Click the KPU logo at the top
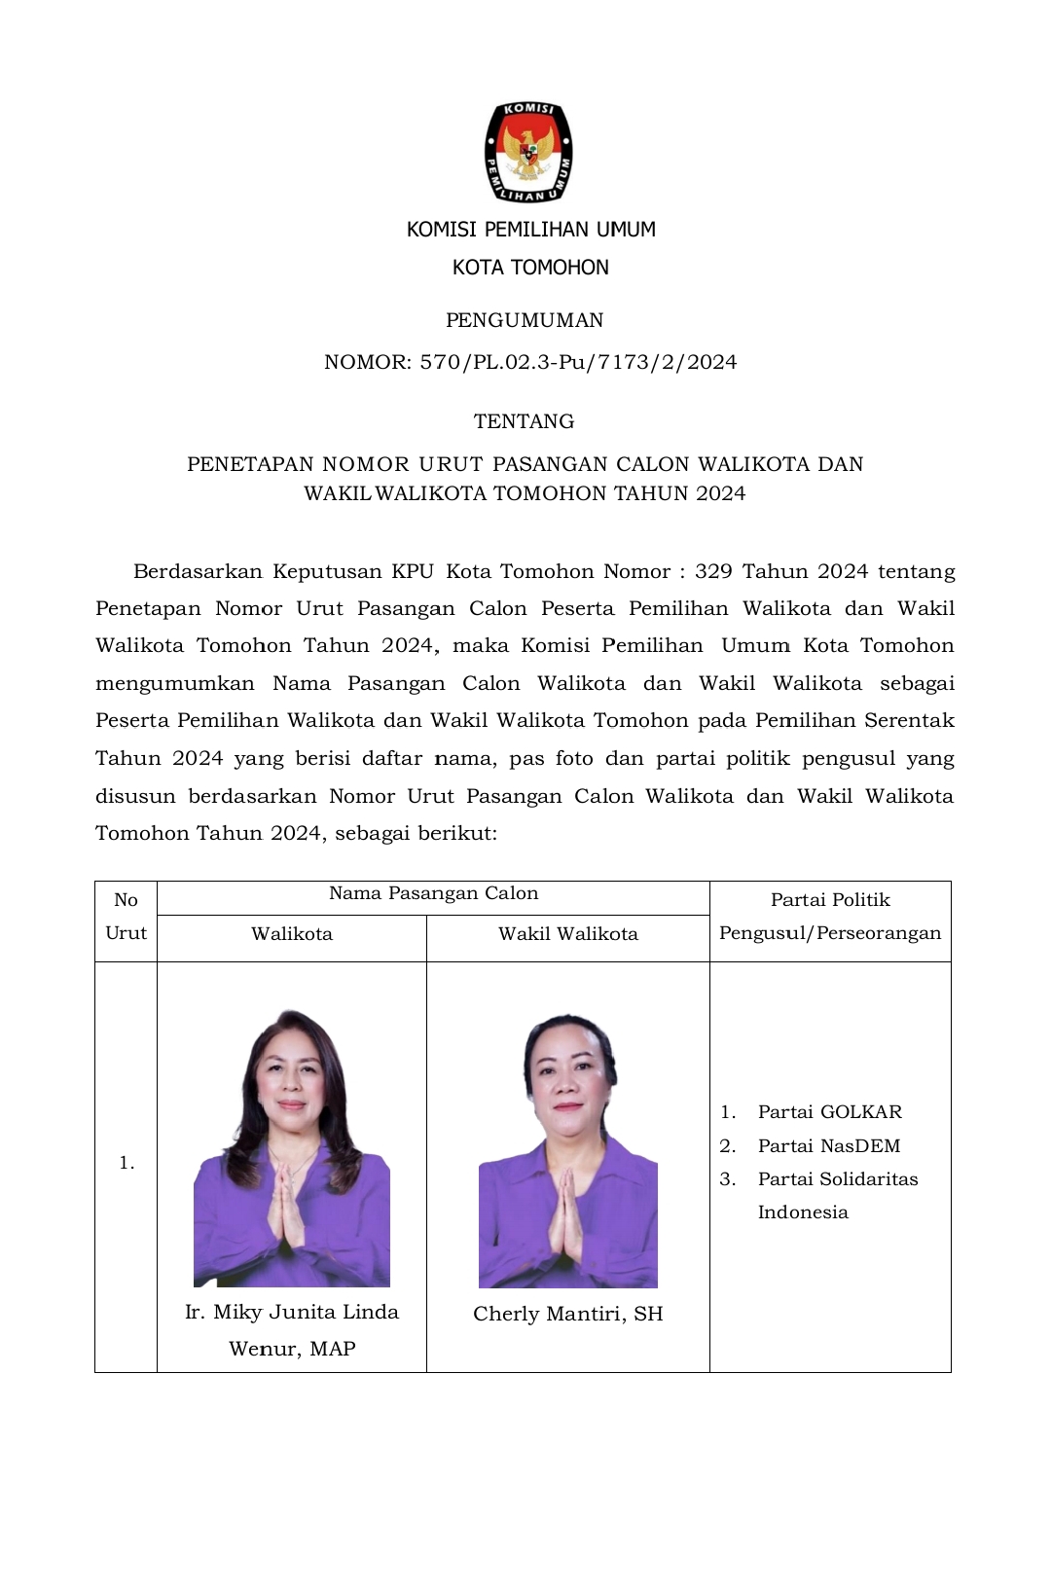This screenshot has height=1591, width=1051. point(528,152)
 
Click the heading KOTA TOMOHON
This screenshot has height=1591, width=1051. point(530,268)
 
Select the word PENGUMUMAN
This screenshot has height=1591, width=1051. point(525,320)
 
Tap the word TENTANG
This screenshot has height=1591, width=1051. point(524,421)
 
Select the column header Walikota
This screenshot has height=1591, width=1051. point(292,934)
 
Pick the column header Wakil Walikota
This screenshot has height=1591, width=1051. point(568,934)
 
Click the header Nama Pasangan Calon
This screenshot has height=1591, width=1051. point(433,893)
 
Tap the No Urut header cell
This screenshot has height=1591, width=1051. point(126,916)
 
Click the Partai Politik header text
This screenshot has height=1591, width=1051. point(830,900)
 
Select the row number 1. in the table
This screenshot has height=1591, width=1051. point(127,1163)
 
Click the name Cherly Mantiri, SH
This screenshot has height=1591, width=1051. point(568,1314)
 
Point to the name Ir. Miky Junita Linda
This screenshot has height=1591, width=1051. point(292,1312)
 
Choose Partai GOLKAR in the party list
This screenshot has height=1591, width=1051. point(829,1111)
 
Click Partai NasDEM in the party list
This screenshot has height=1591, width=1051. point(828,1145)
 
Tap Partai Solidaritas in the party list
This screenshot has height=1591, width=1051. point(837,1178)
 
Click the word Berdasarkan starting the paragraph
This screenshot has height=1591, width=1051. point(198,571)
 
